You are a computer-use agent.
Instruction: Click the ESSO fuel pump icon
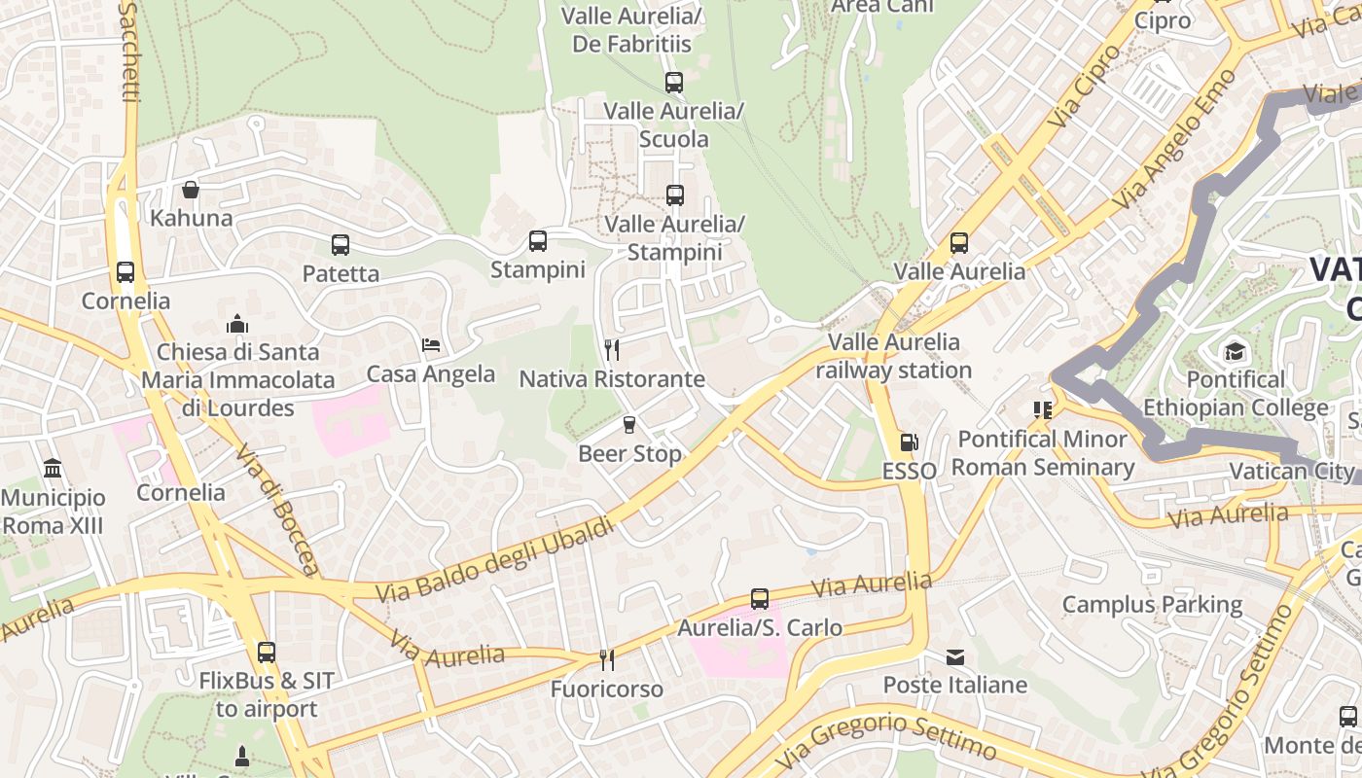point(909,442)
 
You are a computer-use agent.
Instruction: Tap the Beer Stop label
point(629,454)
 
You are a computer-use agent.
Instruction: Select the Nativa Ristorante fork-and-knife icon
point(612,349)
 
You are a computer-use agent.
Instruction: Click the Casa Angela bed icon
point(431,344)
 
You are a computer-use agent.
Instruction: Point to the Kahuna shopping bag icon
point(191,189)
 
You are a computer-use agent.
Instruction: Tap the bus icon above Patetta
point(340,245)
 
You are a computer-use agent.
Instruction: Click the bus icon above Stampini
point(538,240)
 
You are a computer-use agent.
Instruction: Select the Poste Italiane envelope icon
point(955,657)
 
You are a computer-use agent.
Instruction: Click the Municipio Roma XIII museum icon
point(53,469)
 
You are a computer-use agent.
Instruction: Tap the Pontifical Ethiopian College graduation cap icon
point(1235,350)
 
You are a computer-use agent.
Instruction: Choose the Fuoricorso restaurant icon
point(607,660)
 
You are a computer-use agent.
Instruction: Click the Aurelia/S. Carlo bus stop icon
point(760,599)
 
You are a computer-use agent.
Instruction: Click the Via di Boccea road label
point(277,511)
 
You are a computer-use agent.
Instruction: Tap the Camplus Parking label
point(1152,605)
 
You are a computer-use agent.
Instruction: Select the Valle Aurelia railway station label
point(893,356)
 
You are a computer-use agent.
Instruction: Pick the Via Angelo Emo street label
point(1163,153)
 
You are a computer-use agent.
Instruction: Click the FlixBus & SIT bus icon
point(267,653)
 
